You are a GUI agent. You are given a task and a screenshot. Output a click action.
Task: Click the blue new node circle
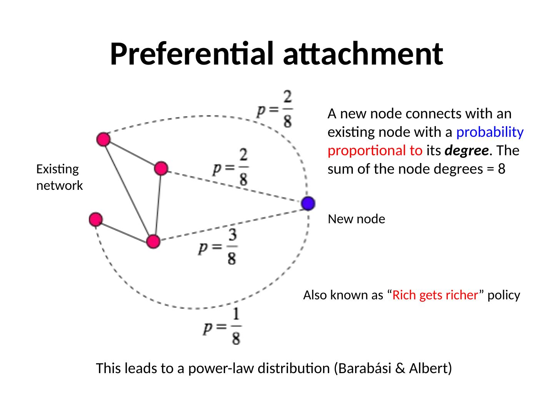point(308,203)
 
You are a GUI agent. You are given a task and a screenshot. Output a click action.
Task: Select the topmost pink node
point(103,139)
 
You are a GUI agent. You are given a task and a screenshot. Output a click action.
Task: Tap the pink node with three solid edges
point(153,241)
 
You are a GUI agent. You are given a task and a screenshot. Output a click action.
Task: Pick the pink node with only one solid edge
point(95,219)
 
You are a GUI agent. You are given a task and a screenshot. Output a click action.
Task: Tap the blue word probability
point(490,132)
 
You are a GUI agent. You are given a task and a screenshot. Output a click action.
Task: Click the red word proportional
point(375,151)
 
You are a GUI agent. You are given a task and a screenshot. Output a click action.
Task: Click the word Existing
point(57,169)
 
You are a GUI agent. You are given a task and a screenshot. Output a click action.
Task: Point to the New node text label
point(356,219)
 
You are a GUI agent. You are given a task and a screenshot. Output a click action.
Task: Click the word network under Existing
point(59,186)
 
